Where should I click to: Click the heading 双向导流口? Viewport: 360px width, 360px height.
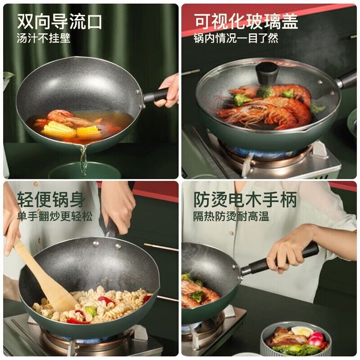(x=60, y=21)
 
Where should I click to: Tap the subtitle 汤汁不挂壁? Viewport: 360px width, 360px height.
(x=44, y=38)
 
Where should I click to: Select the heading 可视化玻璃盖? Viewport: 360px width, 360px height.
(x=246, y=21)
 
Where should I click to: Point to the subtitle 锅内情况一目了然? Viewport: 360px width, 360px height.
(x=236, y=38)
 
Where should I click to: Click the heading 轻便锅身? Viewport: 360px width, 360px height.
(x=51, y=199)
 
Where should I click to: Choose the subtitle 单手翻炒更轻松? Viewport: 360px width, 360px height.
(x=55, y=217)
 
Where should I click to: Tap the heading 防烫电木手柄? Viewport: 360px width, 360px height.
(x=245, y=199)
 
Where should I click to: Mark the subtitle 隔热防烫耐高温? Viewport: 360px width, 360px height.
(x=231, y=217)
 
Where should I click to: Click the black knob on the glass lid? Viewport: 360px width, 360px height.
(x=267, y=74)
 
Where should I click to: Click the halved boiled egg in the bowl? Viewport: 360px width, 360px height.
(x=302, y=332)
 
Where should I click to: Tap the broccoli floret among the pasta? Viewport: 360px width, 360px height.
(x=91, y=311)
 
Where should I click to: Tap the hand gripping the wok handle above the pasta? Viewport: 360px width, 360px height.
(x=118, y=207)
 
